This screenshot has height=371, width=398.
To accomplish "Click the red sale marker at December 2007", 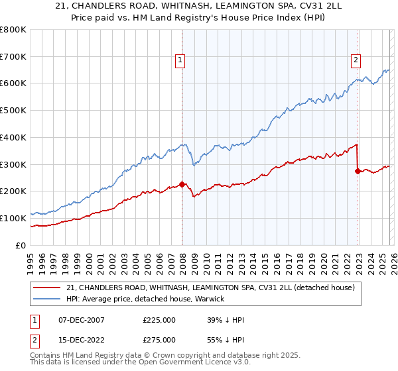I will [x=182, y=184].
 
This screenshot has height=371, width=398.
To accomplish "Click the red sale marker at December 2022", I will [x=358, y=171].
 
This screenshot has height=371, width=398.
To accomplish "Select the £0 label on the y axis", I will [x=21, y=245].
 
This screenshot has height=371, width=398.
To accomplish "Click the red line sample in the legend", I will [x=46, y=288].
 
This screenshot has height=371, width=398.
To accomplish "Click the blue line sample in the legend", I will [x=46, y=299].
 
